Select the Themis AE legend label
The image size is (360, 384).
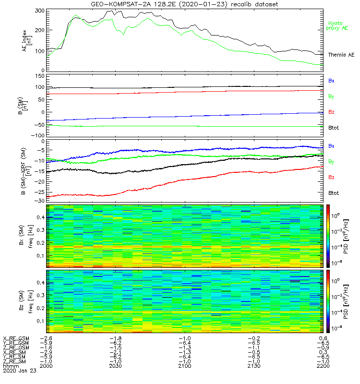(x=341, y=55)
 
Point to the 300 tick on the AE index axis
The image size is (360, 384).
(x=40, y=10)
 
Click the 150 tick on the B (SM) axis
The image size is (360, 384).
(x=40, y=76)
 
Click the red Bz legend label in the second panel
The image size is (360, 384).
(x=331, y=111)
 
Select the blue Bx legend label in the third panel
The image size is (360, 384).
(x=331, y=145)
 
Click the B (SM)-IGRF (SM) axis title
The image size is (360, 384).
(x=26, y=171)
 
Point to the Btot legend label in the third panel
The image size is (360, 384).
(x=333, y=192)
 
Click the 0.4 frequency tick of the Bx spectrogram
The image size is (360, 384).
(x=40, y=217)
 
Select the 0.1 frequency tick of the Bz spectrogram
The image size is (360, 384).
(x=40, y=321)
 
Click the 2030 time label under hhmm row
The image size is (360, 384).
(x=115, y=366)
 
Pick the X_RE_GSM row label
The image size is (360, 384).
(x=16, y=338)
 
